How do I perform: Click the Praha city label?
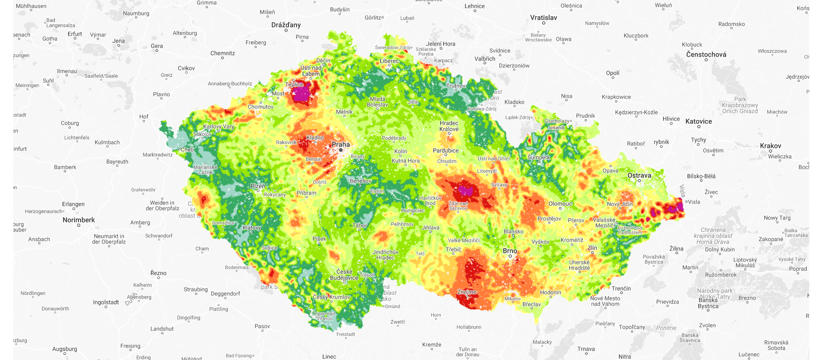tap(341, 144)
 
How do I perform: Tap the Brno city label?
tap(510, 251)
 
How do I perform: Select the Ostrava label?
tap(639, 175)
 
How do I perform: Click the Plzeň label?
tap(258, 186)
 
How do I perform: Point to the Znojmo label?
tap(467, 292)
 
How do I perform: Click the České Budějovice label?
tap(344, 275)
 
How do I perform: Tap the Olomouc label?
tap(560, 204)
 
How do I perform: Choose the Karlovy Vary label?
tap(219, 126)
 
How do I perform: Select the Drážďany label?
tap(286, 25)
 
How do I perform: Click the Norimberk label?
tap(79, 220)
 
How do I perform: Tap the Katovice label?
tap(698, 121)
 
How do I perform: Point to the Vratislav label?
tap(544, 18)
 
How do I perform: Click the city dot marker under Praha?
tap(341, 150)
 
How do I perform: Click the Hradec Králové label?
tap(449, 126)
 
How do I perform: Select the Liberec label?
tap(389, 61)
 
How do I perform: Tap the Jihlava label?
tap(430, 228)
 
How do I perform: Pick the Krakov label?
tap(770, 146)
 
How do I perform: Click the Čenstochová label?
tap(706, 54)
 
